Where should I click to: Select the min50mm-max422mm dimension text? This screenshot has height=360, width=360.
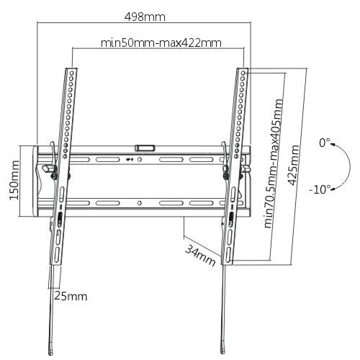click(161, 42)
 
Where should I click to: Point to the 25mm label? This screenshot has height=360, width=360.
click(71, 296)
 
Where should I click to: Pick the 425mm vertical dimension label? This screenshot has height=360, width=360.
click(295, 165)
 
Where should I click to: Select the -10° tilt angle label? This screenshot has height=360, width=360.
click(320, 189)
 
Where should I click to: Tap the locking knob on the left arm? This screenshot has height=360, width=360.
click(50, 170)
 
